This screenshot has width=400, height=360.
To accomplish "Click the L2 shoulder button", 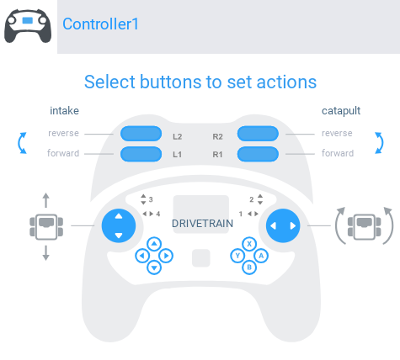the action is click(141, 134).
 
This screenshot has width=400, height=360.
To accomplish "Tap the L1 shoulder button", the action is click(141, 154).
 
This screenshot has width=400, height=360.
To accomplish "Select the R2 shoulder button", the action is click(258, 134).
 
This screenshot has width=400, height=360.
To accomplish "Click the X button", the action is click(249, 244).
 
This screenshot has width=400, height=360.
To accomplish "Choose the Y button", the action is click(237, 256).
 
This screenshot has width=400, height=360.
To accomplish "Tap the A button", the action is click(261, 256).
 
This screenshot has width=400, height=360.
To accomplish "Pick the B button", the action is click(249, 267).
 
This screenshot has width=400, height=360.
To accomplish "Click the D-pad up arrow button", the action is click(154, 244).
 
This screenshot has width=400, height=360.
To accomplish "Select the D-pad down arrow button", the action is click(154, 267).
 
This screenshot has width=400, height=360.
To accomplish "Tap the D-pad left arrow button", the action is click(142, 256).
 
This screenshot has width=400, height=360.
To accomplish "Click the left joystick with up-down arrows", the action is click(119, 225).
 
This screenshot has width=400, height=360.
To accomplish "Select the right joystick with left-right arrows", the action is click(283, 225).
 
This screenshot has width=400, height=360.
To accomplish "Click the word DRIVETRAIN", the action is click(202, 224).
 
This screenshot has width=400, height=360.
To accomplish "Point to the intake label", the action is click(64, 111).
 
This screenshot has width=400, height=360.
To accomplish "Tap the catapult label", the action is click(341, 111).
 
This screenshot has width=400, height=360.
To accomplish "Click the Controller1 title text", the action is click(100, 24).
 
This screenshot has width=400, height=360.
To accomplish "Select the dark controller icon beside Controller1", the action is click(28, 26).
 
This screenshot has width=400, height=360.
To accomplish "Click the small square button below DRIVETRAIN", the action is click(201, 258).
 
